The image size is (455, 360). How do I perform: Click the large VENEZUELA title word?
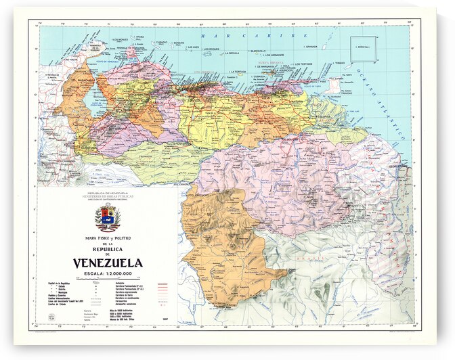(x=108, y=263)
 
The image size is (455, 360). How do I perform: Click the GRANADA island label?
(x=311, y=47)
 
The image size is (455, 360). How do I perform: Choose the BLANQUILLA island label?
(x=258, y=51)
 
